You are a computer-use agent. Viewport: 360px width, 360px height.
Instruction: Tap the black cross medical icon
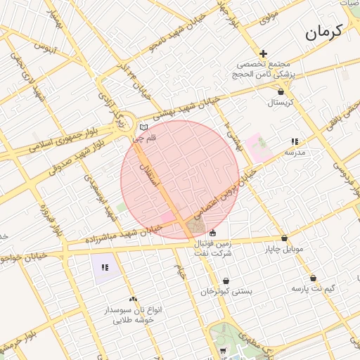pos(263,53)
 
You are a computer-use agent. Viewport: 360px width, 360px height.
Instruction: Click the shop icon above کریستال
pos(281,91)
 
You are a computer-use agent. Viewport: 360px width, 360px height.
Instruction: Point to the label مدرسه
pos(294,151)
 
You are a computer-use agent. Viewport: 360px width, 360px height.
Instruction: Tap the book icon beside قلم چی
pos(144,127)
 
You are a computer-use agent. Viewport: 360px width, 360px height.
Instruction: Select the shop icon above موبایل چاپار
pos(284,238)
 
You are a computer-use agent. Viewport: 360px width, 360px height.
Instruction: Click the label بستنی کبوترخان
pos(226,290)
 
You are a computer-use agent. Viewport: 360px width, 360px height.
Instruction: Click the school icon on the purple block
pos(105,267)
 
